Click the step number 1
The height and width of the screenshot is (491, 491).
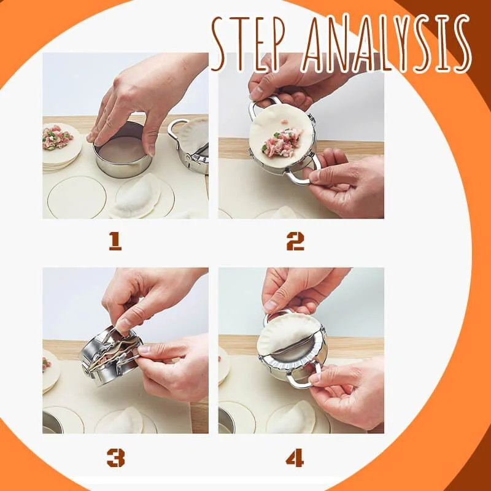(x=115, y=242)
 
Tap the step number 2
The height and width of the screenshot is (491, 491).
(x=295, y=241)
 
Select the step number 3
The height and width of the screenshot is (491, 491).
(x=115, y=458)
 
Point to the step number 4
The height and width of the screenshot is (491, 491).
(x=295, y=457)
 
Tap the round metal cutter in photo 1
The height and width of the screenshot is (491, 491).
(x=122, y=150)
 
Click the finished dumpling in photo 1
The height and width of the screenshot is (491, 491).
(x=136, y=196)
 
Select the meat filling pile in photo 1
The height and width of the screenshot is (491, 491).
(x=57, y=137)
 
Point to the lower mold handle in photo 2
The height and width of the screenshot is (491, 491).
(x=303, y=170)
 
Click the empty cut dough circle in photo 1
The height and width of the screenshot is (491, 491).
(x=77, y=197)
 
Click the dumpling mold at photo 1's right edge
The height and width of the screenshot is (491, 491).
(x=190, y=145)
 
